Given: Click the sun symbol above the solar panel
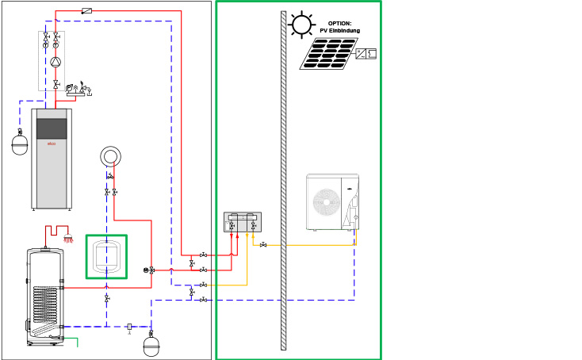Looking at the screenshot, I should [301, 25].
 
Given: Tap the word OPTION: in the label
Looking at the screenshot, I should [339, 24].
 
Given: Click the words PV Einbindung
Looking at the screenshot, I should [339, 31].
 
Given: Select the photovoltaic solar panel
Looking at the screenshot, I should [328, 53].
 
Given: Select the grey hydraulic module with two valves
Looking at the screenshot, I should [242, 221].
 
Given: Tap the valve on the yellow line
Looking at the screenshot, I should [262, 245].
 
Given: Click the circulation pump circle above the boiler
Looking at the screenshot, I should [56, 62].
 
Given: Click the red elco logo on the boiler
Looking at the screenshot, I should [52, 143].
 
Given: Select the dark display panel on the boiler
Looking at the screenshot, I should [52, 128].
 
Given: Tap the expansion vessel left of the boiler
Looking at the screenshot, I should [20, 144].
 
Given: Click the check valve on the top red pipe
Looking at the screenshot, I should [86, 11].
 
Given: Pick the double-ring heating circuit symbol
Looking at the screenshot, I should [110, 156].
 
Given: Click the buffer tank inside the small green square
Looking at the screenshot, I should [106, 256].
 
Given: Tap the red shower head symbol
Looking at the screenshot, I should [69, 238].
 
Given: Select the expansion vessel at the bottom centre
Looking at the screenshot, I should [151, 346].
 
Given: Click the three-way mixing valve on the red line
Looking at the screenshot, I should [151, 270].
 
